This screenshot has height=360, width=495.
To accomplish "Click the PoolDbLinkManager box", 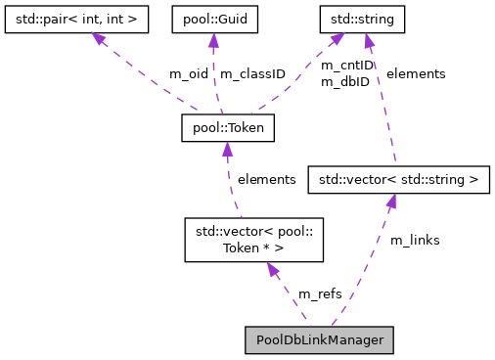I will (x=319, y=339).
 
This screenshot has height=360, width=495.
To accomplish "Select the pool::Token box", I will (x=228, y=127).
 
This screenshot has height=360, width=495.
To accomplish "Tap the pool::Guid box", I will (x=212, y=18).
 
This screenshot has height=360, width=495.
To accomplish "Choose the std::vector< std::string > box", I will (x=397, y=180).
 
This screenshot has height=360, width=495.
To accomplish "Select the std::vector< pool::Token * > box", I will (x=253, y=240).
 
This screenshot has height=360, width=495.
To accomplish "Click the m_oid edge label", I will (x=189, y=74).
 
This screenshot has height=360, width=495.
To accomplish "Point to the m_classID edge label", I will (x=252, y=74).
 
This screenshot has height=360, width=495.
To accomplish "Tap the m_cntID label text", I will (x=347, y=66).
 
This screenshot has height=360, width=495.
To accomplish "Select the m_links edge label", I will (x=414, y=240).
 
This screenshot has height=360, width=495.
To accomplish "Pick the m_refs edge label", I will (x=319, y=293).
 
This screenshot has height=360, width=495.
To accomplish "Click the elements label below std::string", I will (x=416, y=73).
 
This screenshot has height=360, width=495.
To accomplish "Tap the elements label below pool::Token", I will (x=266, y=179).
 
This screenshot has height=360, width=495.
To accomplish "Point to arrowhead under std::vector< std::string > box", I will (x=390, y=202).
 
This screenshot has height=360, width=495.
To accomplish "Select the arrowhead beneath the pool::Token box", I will (x=228, y=148).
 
